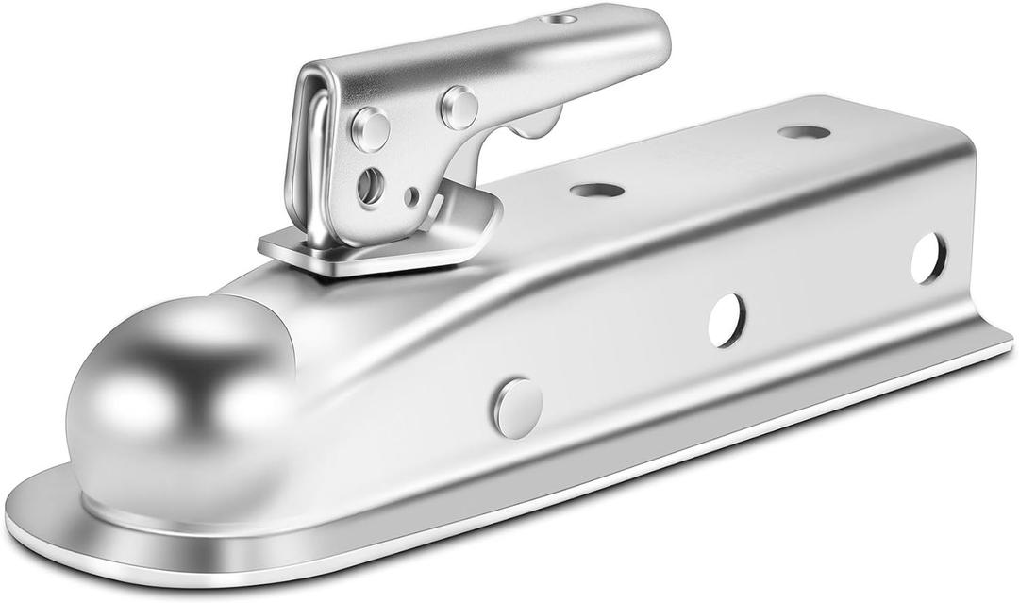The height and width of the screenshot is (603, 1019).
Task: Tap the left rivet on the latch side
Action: coord(370,129)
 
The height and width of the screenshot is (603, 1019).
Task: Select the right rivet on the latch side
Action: coord(459,108)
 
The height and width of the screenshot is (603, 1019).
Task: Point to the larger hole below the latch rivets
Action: coord(370,185)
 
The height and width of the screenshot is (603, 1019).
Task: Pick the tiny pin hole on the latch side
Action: coord(411,196)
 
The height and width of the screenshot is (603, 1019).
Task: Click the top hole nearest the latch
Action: coord(596,190)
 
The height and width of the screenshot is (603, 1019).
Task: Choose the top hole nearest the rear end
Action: coord(804,132)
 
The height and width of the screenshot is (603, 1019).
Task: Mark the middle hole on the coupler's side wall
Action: coord(727,320)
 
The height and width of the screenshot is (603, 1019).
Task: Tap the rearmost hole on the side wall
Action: coord(928,258)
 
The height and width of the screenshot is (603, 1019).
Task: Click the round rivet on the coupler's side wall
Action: coord(518,408)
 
